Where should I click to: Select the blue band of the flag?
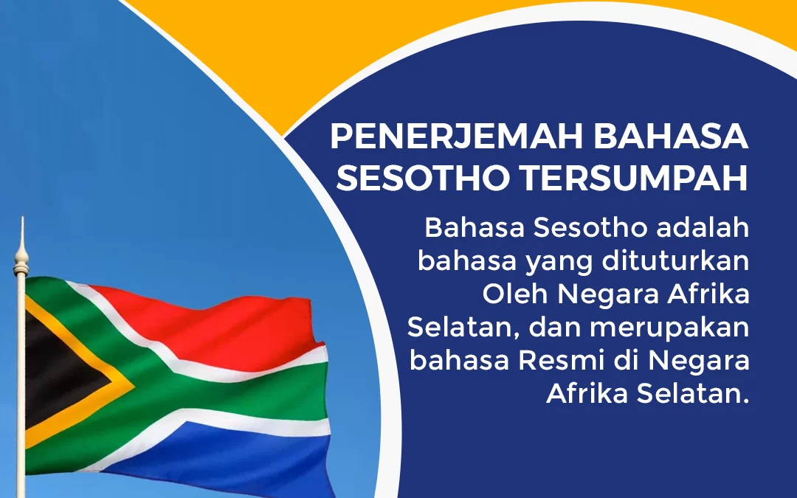point(221,457)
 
